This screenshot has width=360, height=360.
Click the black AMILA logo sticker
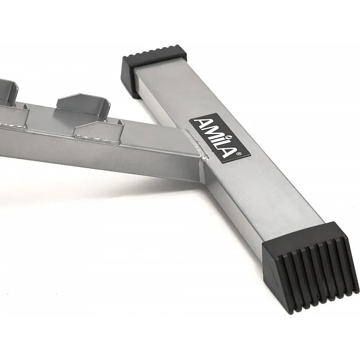pos(220,138)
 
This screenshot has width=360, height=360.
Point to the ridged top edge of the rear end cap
pos(155,50)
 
